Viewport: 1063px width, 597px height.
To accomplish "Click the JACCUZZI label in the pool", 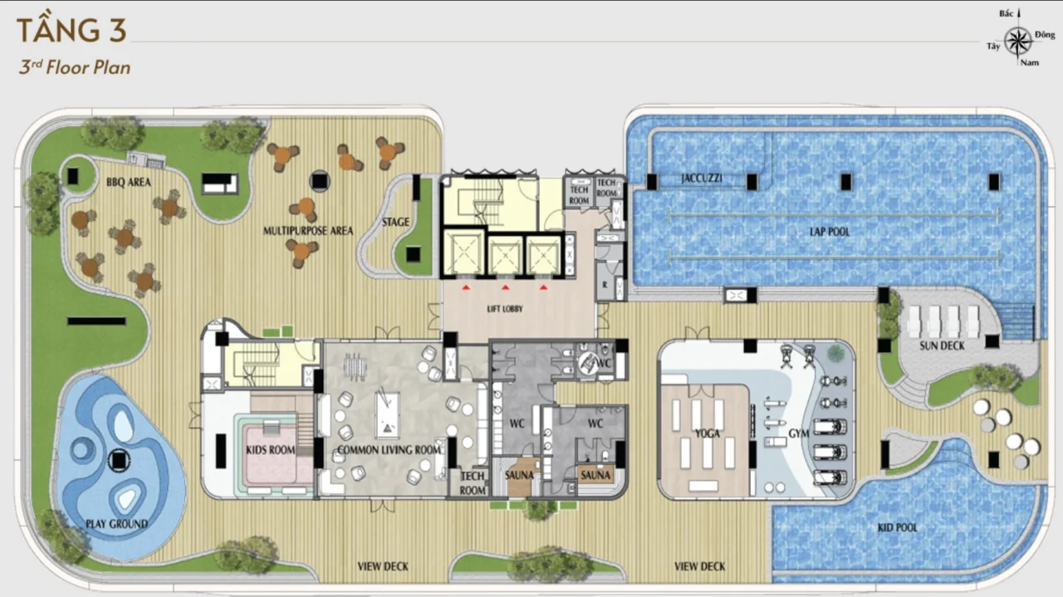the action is click(702, 179).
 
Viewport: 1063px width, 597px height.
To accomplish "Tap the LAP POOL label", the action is click(830, 232).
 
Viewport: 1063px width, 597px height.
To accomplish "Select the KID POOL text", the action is click(898, 527).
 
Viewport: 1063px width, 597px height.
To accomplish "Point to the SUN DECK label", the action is click(942, 346).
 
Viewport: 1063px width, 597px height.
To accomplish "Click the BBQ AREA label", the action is click(129, 182).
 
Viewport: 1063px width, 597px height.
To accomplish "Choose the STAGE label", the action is click(395, 222).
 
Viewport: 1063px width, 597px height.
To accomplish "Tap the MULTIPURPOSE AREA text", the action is click(308, 231).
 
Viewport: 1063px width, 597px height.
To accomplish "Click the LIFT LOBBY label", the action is click(505, 309).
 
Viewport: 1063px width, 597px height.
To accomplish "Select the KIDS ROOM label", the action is click(271, 450).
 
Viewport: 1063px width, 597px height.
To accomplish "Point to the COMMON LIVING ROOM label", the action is click(389, 450).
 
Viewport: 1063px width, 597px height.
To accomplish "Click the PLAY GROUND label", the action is click(117, 524).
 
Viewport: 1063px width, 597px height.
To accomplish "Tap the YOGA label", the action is click(707, 433).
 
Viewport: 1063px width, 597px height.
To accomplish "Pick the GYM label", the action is click(799, 433).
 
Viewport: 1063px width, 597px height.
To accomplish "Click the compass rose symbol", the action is click(1018, 42).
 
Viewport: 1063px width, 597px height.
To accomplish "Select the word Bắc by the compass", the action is click(1006, 14).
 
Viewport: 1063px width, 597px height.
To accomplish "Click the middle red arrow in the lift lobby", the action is click(506, 287).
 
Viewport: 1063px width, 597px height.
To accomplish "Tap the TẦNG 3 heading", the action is click(71, 30).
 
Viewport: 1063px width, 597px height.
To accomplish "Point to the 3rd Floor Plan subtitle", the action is click(75, 67).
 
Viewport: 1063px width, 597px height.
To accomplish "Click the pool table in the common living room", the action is click(387, 413).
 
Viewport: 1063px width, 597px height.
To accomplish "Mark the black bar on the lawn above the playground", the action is click(96, 321).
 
